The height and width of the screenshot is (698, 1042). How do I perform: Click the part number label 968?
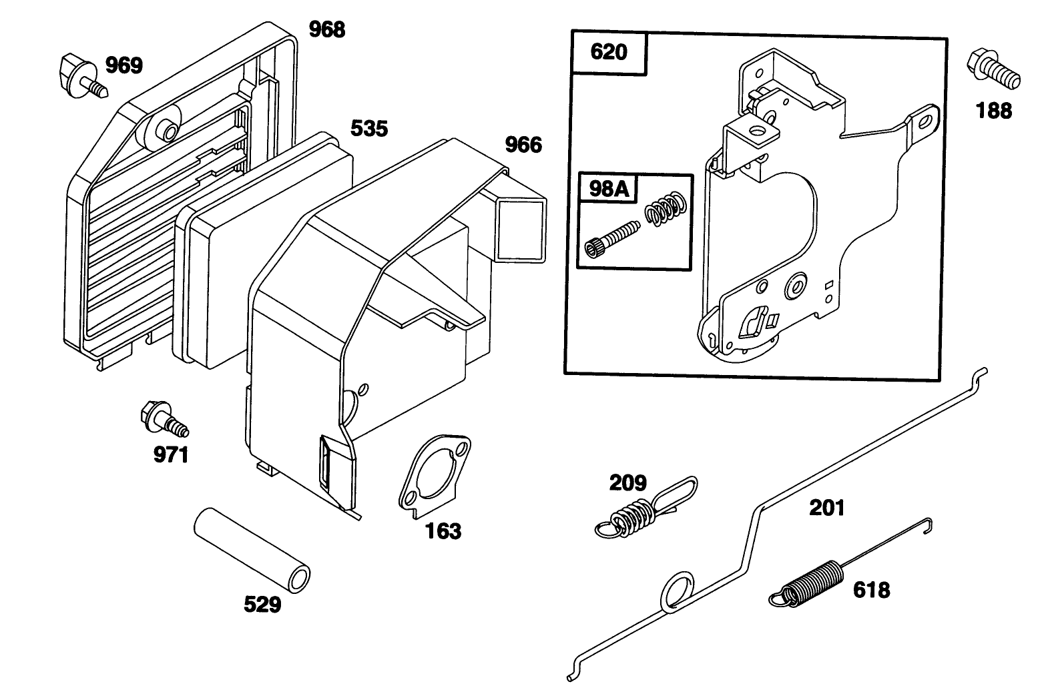pos(326,29)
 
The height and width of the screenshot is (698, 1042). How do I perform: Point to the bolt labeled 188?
pos(993,69)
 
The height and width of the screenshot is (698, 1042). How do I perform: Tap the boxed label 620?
pos(608,52)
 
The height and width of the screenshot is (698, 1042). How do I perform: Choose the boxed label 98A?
pos(609,189)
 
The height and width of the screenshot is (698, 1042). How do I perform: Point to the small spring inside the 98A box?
pos(665,208)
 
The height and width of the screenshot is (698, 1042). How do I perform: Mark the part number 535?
pos(368,128)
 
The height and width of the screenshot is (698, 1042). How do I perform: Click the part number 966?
pos(523,144)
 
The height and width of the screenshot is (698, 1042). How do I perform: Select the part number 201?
pos(826,508)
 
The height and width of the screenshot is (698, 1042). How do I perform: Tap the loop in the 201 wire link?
pos(678,590)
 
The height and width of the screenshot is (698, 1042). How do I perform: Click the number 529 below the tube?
pos(262,605)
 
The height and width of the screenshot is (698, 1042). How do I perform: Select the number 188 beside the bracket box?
pos(994,110)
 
